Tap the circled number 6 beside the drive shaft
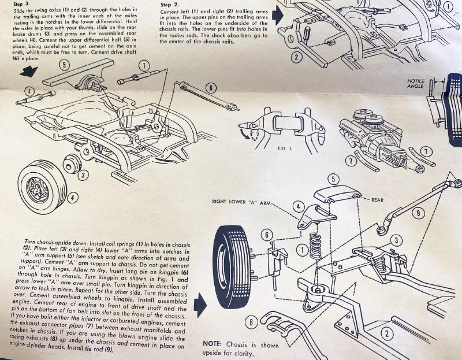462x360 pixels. tap(210, 88)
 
